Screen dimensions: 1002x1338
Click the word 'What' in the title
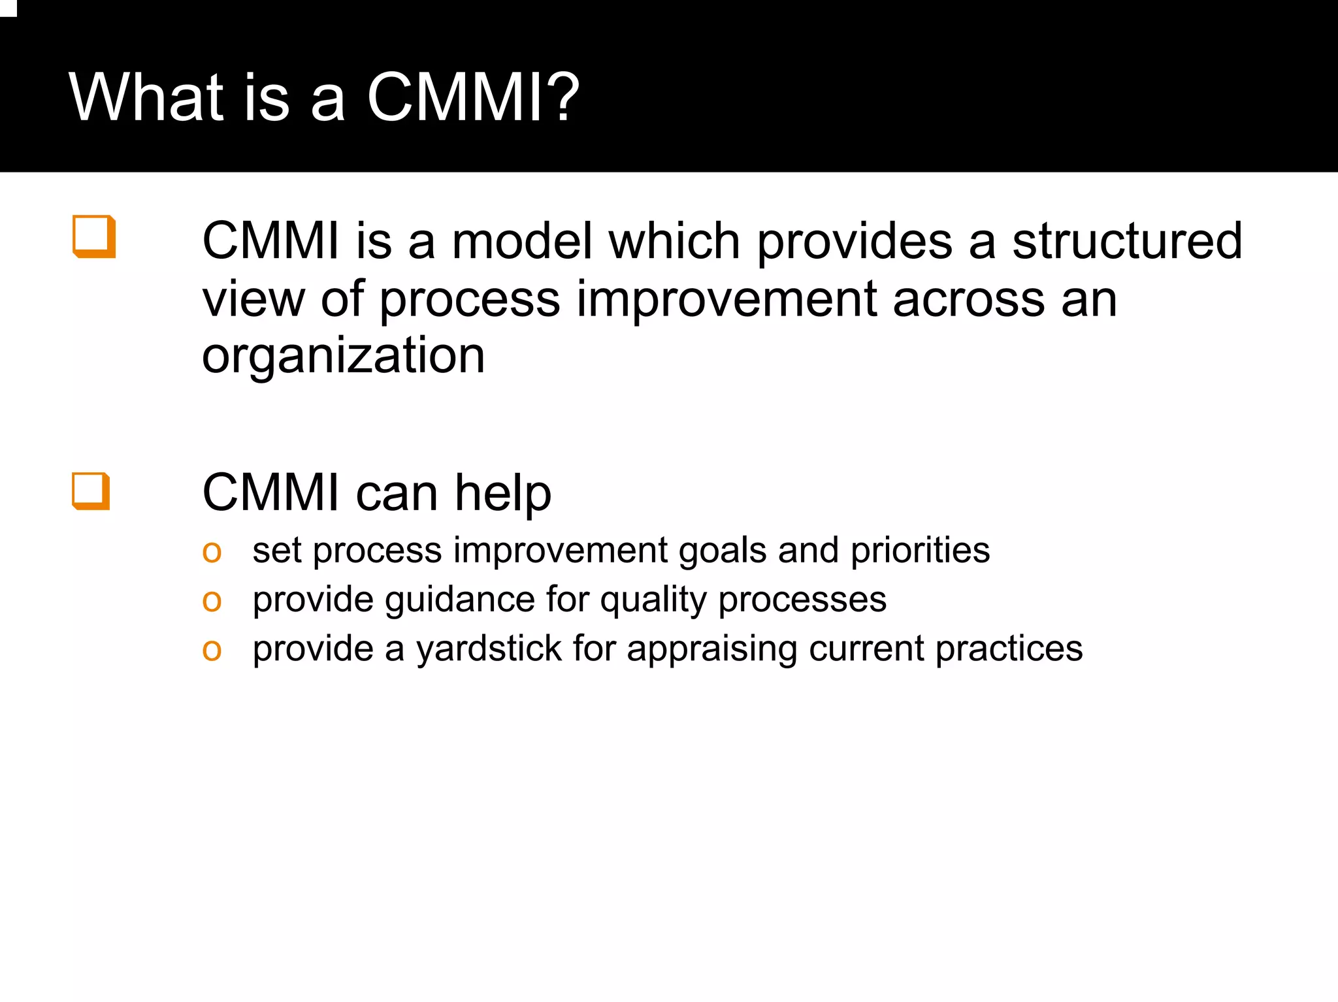tap(147, 97)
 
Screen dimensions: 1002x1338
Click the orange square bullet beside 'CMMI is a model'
tap(94, 236)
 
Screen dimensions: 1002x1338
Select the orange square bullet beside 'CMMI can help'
tap(91, 491)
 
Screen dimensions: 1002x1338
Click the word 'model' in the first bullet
tap(522, 241)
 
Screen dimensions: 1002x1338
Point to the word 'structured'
tap(1127, 241)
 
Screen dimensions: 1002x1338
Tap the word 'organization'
tap(343, 356)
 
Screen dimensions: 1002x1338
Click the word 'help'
tap(503, 493)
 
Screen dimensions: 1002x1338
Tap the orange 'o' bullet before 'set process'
tap(212, 552)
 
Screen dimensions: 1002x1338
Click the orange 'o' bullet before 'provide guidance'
tap(212, 601)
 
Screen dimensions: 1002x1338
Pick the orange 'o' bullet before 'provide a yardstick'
tap(212, 650)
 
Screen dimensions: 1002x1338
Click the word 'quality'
tap(653, 600)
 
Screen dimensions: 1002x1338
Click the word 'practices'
tap(1009, 649)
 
